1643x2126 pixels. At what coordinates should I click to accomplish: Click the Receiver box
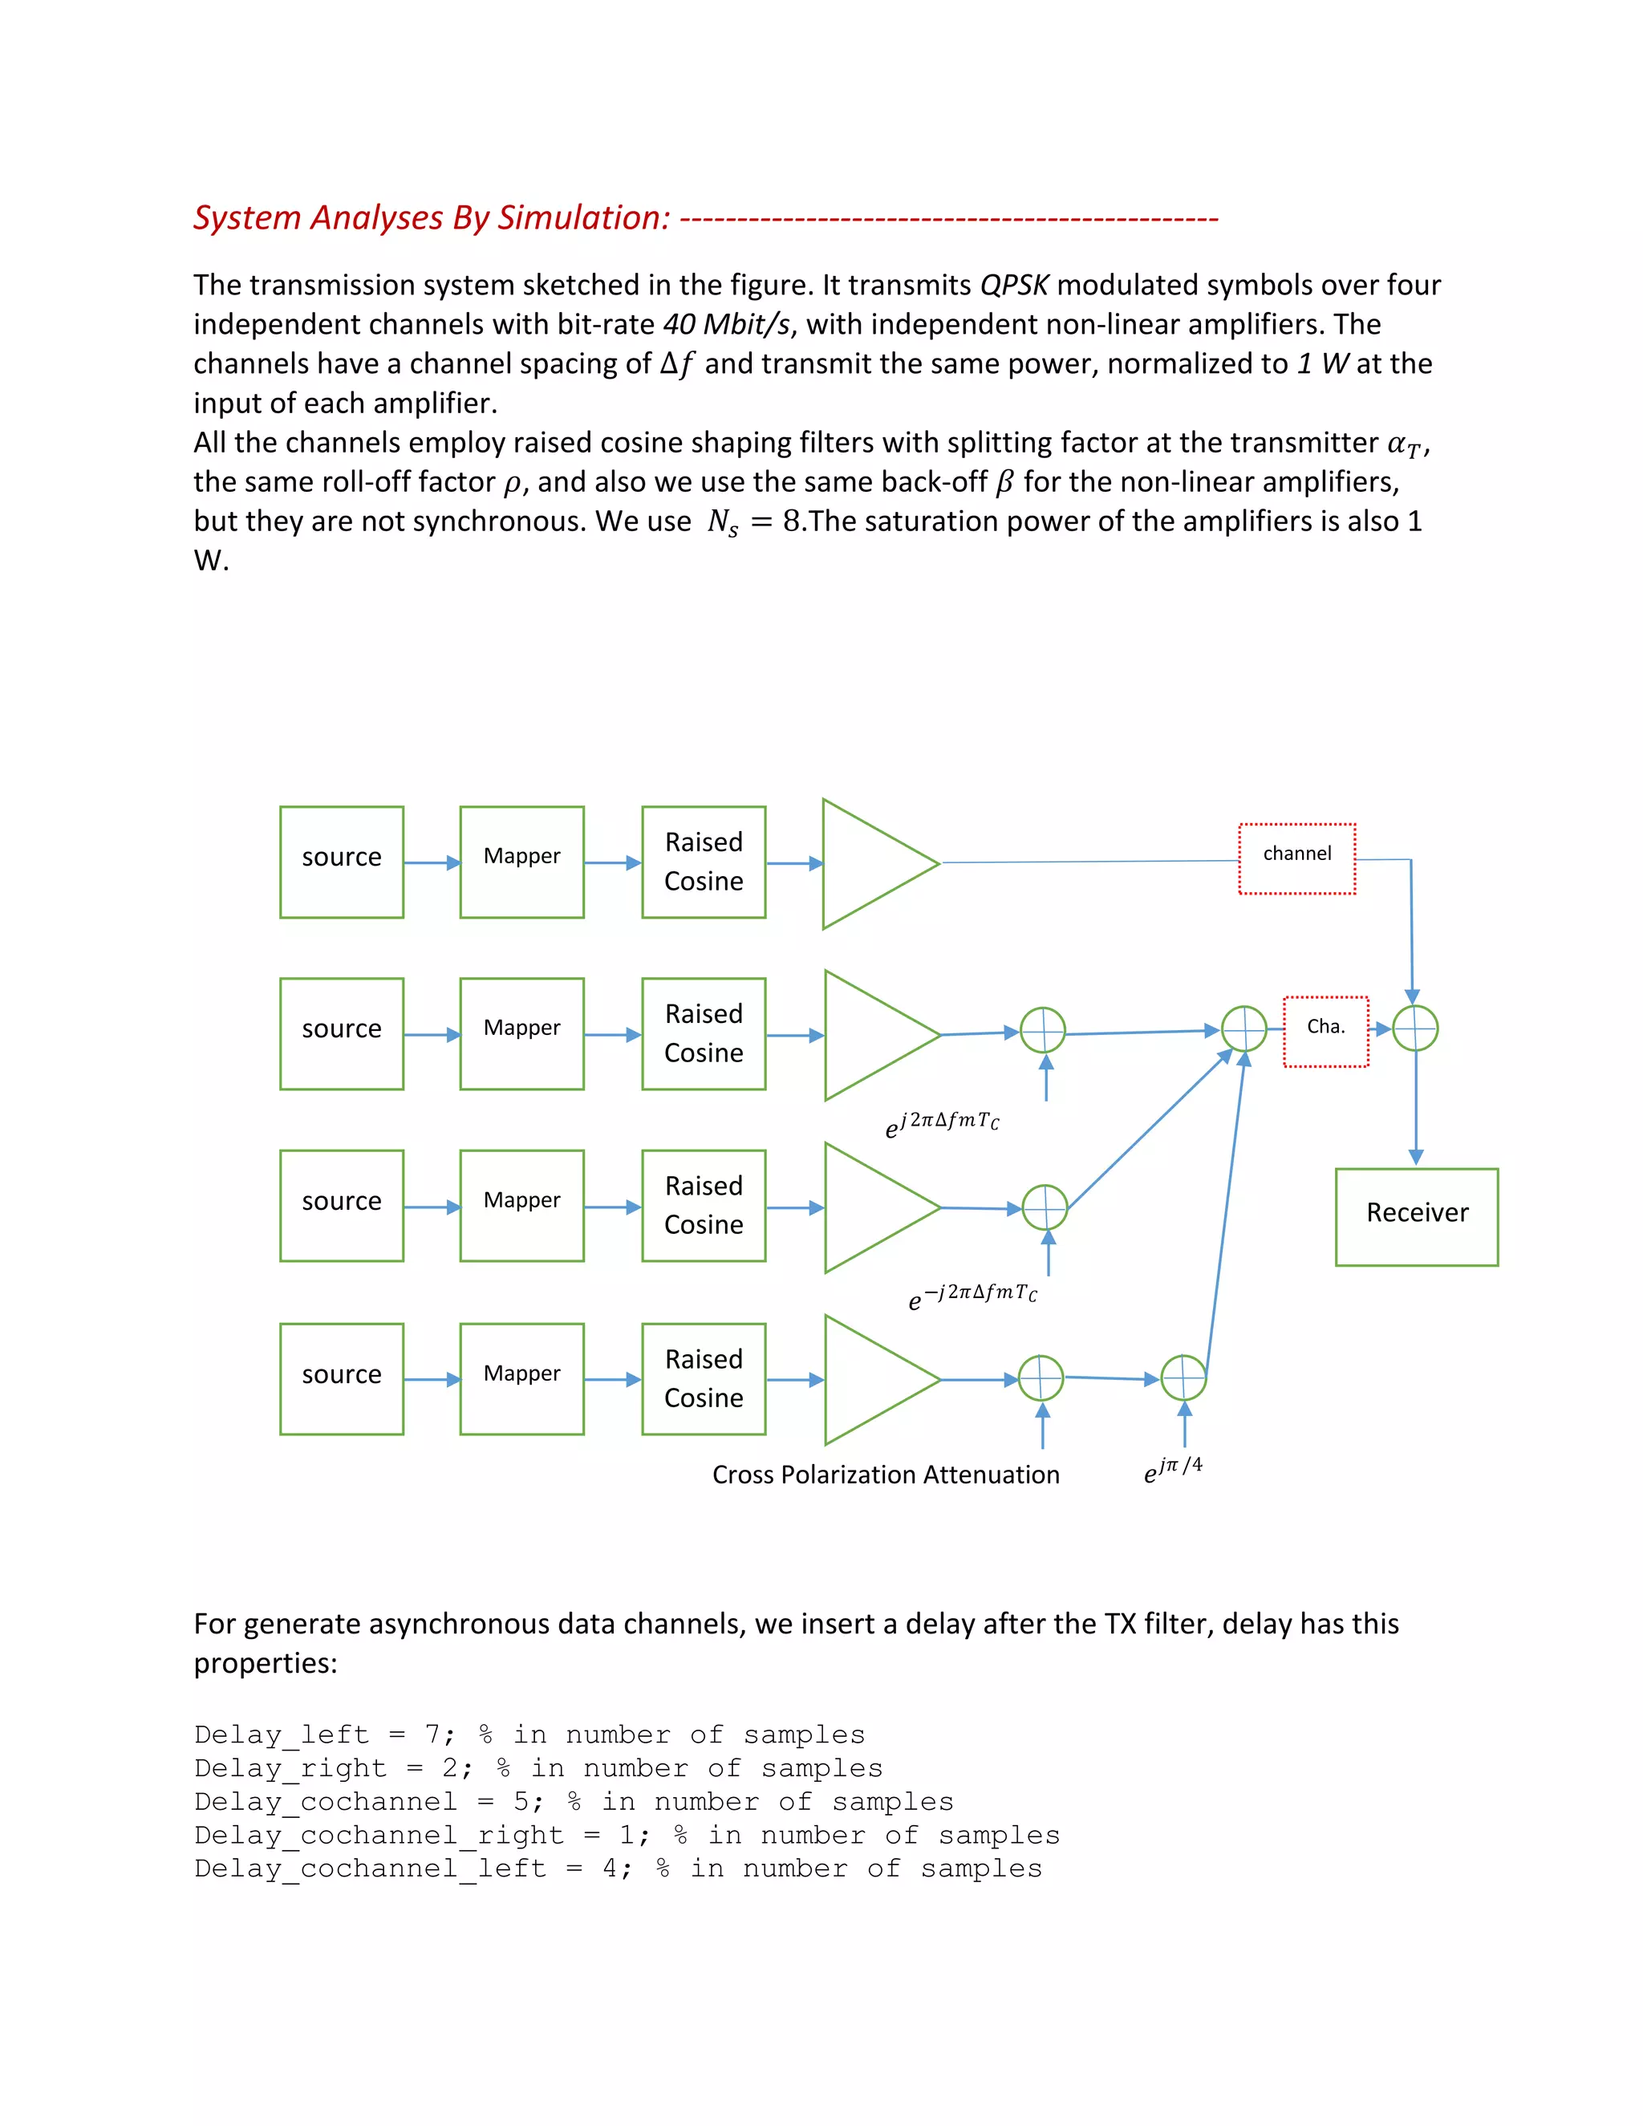[x=1416, y=1217]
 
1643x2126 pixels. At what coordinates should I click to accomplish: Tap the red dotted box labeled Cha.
[x=1325, y=1031]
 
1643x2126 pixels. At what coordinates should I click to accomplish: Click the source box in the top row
[x=342, y=862]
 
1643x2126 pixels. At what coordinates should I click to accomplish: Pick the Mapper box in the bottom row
[x=521, y=1378]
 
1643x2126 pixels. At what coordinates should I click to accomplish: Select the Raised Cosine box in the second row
[x=704, y=1034]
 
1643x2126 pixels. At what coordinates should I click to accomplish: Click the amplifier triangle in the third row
[x=871, y=1207]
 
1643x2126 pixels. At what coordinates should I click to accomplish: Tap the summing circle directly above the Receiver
[x=1415, y=1028]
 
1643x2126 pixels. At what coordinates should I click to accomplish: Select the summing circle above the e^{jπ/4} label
[x=1183, y=1377]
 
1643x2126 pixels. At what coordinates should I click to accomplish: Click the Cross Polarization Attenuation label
[x=886, y=1475]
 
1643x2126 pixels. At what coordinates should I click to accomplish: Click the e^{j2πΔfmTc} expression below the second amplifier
[x=942, y=1124]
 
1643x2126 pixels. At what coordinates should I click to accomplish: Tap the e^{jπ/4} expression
[x=1173, y=1469]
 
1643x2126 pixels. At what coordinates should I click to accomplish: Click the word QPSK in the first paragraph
[x=1014, y=286]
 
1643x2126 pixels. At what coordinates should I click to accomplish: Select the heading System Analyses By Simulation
[x=432, y=217]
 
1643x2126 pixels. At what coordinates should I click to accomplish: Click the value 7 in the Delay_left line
[x=433, y=1734]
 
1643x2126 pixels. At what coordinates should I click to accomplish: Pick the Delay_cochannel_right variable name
[x=379, y=1835]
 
